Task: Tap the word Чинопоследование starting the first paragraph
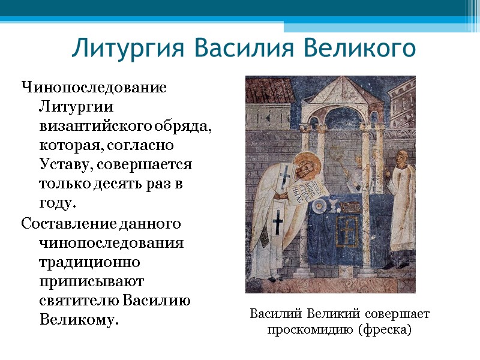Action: [x=94, y=88]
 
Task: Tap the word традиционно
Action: [x=89, y=262]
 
